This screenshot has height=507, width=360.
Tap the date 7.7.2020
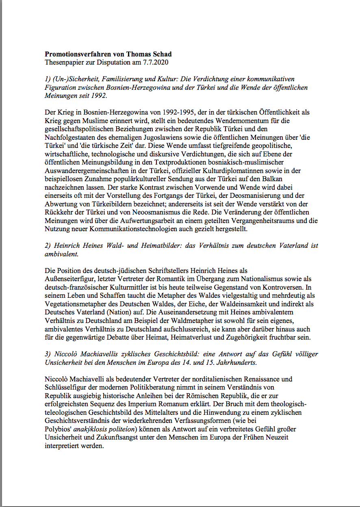[x=156, y=62]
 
